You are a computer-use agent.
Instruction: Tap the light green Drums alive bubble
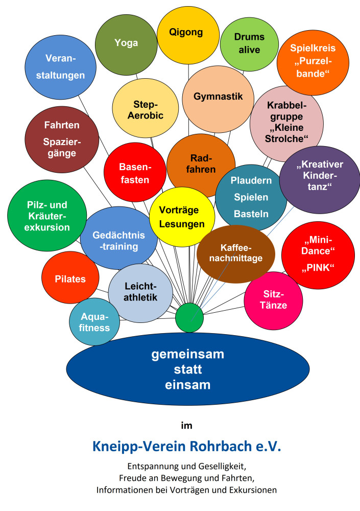[x=249, y=44]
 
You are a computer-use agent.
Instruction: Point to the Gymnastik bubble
[x=218, y=97]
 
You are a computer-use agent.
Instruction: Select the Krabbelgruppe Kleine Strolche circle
[x=286, y=123]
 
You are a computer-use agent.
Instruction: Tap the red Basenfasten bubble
[x=134, y=173]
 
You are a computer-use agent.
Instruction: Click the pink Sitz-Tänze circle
[x=275, y=300]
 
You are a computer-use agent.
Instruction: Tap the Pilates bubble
[x=70, y=279]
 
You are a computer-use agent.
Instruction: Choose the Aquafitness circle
[x=94, y=322]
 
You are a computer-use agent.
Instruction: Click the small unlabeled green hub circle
[x=189, y=318]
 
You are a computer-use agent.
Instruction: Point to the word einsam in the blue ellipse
[x=187, y=384]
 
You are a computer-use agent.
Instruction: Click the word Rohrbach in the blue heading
[x=221, y=446]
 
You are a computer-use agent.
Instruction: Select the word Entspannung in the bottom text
[x=152, y=467]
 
